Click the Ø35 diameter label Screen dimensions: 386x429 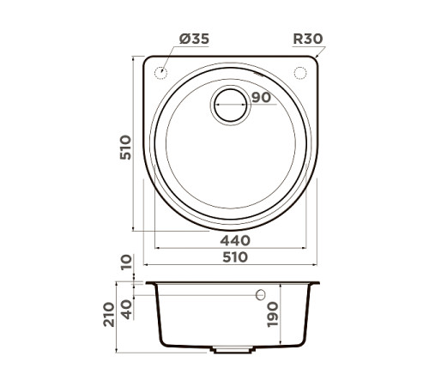(x=193, y=39)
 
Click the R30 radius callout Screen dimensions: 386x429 (x=306, y=39)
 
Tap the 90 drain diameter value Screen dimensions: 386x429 (x=262, y=97)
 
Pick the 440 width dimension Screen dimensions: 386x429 (x=232, y=241)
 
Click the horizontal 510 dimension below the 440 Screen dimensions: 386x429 (x=232, y=256)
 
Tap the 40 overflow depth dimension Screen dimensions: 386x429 (x=128, y=306)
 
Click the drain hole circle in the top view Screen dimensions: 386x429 (x=232, y=105)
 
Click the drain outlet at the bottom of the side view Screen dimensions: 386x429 (x=231, y=350)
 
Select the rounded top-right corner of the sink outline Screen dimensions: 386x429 (x=313, y=63)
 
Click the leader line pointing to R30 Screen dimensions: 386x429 (x=319, y=52)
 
